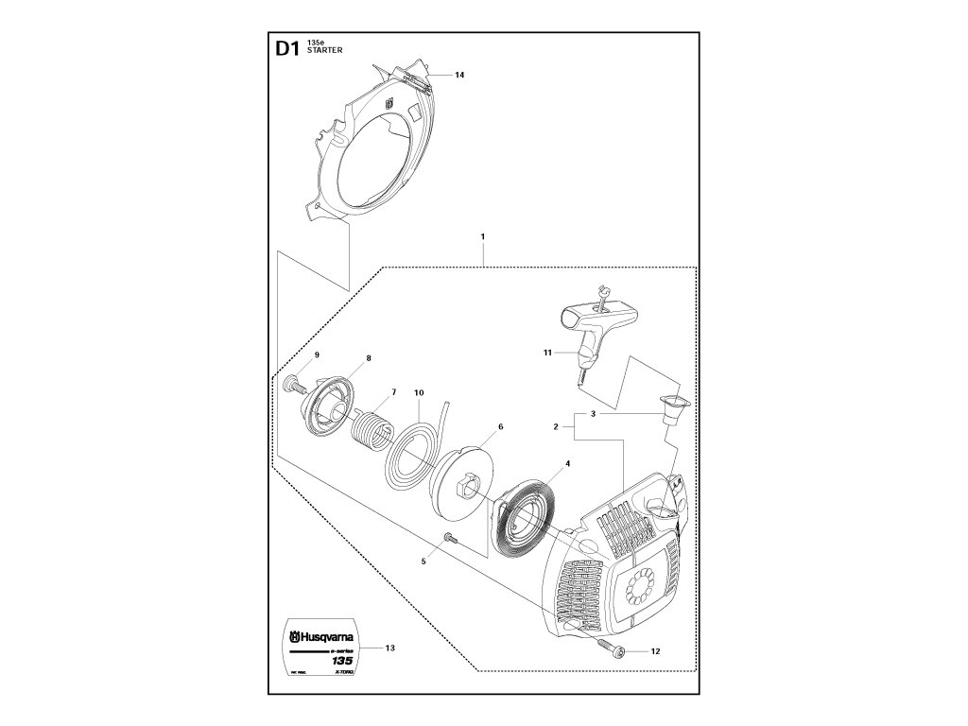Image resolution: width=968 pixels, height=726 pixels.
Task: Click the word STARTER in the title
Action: pos(326,52)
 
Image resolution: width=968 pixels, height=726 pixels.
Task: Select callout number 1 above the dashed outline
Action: pos(482,234)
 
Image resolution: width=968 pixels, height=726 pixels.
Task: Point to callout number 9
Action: pos(318,354)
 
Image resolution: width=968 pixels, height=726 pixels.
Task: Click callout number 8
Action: pos(368,358)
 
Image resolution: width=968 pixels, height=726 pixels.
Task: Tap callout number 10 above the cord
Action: pos(418,391)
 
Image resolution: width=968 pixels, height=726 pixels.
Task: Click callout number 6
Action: pos(500,427)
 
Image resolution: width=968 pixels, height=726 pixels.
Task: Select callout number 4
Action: pos(567,464)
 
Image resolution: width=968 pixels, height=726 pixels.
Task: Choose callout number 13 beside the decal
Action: pos(390,648)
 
